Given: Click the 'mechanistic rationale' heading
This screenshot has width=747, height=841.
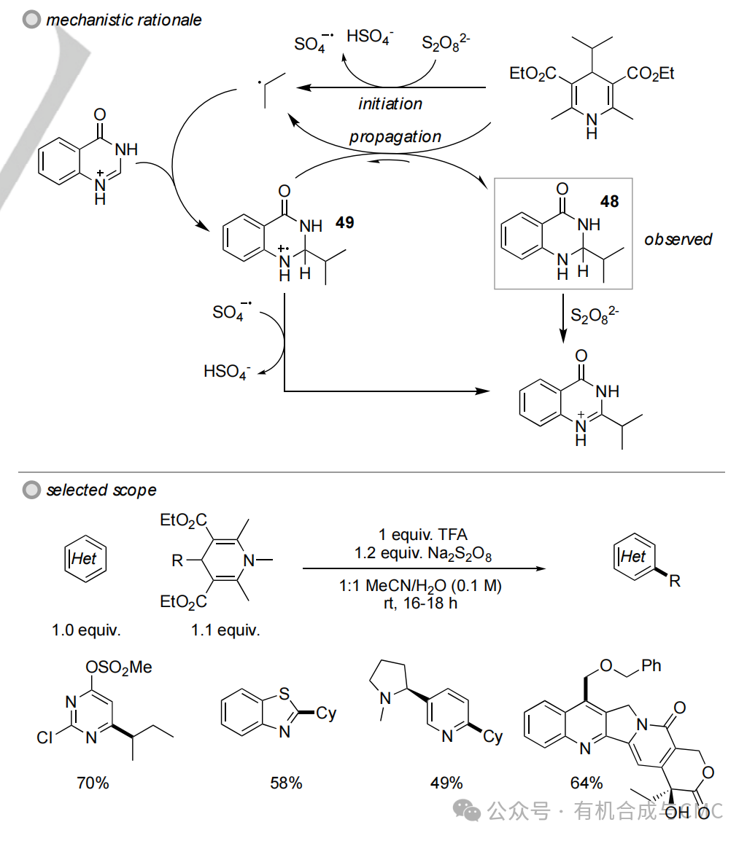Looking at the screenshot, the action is click(123, 20).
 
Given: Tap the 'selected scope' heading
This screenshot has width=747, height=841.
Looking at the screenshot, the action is click(101, 490).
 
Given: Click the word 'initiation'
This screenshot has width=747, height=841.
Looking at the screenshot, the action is click(390, 103).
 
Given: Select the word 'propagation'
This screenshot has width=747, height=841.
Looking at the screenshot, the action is click(395, 137).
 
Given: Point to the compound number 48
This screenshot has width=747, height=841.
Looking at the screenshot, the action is click(610, 201).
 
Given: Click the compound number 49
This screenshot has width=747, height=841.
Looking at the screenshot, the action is click(345, 222).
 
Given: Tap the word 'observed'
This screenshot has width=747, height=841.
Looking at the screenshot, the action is click(678, 239).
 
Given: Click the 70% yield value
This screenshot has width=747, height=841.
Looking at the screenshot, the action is click(93, 783).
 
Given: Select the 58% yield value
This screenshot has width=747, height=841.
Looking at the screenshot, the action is click(286, 783).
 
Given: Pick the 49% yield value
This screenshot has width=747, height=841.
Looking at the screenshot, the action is click(446, 783).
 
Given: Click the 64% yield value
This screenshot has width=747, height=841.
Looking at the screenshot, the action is click(587, 783).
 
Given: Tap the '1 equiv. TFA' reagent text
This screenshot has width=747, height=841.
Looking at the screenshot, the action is click(423, 534).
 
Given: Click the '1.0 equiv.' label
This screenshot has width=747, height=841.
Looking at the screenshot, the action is click(86, 630).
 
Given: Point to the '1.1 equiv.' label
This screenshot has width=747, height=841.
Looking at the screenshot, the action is click(225, 630).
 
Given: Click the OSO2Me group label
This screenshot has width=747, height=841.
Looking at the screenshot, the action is click(119, 668).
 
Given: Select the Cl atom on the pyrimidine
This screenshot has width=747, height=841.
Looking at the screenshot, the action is click(44, 738).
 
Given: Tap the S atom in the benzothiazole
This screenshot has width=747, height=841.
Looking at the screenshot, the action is click(284, 694).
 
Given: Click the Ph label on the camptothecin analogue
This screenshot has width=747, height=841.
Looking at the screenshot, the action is click(651, 665).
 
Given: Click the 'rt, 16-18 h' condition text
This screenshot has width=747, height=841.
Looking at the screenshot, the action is click(420, 603).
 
